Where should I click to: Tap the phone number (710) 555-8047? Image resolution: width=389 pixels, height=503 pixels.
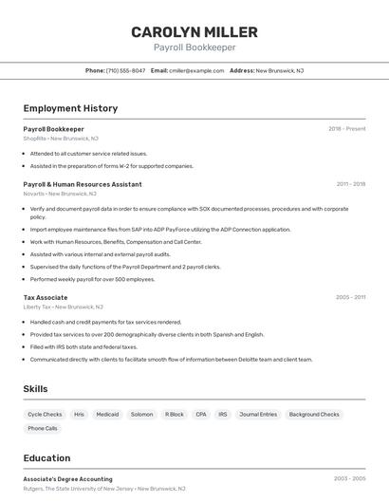coord(125,70)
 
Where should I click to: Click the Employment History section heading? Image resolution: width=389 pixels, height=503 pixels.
coord(70,108)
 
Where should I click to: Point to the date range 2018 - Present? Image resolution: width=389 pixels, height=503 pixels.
coord(346,129)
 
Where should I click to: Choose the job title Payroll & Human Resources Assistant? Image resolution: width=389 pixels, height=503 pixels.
coord(83,184)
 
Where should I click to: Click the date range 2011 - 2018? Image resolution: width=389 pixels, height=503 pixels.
coord(350,184)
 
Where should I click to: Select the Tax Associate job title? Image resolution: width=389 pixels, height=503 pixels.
coord(46,297)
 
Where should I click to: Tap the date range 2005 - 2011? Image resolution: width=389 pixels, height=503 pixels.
coord(350,297)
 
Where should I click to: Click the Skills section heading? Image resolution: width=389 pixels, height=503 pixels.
coord(35,389)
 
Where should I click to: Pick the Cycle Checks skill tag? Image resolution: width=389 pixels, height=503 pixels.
coord(45,415)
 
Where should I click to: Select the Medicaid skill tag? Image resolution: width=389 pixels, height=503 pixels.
coord(107,415)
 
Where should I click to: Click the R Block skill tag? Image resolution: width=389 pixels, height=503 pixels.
coord(174,415)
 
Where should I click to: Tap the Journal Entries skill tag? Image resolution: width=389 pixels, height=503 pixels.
coord(258,415)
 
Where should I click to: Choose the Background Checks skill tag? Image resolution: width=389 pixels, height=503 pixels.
coord(314,415)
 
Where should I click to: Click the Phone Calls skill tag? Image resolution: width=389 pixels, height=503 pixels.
coord(43,429)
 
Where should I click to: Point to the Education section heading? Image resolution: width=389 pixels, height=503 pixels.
coord(46,458)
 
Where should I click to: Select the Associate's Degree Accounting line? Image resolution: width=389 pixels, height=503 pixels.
coord(67,479)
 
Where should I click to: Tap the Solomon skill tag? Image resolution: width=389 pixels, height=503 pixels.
coord(141,415)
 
